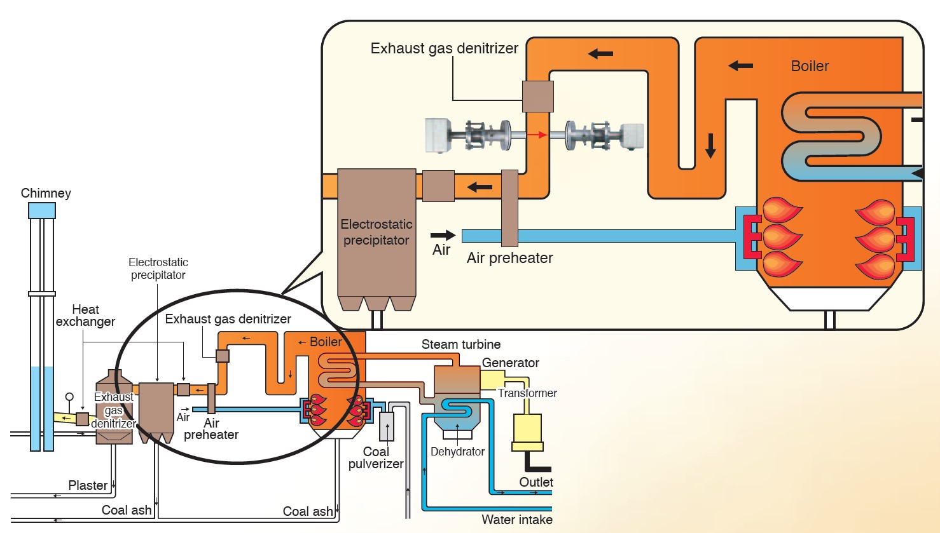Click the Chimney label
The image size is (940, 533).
point(46,193)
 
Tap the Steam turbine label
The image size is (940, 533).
point(460,344)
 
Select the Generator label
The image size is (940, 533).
point(510,363)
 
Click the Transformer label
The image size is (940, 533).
point(527,393)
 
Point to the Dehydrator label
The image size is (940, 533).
point(457,452)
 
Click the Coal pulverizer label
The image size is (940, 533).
point(376,457)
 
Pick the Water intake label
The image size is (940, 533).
point(516,520)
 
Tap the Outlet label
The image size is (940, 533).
point(536,482)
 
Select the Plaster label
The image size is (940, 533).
point(88,485)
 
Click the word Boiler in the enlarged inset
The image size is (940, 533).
point(810,66)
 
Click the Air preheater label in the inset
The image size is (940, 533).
point(509,258)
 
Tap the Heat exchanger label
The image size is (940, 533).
point(85,315)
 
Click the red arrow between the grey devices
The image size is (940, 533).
point(538,135)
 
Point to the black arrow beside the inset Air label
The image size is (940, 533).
point(443,235)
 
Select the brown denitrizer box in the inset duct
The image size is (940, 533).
point(538,97)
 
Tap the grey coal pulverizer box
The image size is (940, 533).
point(386,426)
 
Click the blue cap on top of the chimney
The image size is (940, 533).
point(42,210)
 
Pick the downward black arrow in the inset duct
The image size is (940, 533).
point(710,146)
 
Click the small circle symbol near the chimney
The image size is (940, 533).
point(69,397)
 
